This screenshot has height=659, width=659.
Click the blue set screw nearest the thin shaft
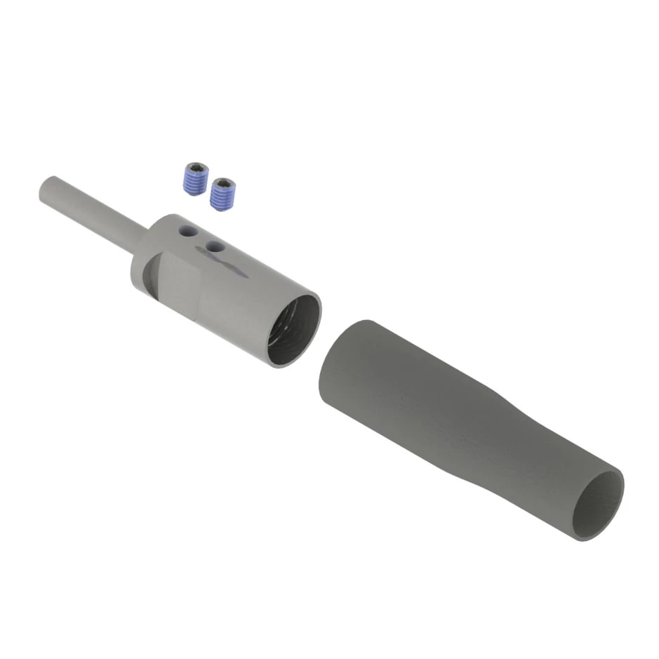coord(195,179)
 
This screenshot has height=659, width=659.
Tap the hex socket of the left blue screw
coord(197,168)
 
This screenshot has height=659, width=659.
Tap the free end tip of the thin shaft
coord(46,190)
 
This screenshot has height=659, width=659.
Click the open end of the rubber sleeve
coord(597,505)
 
